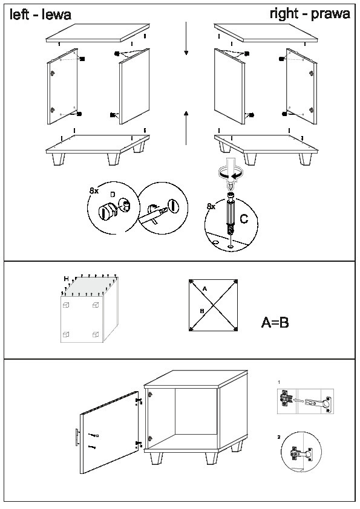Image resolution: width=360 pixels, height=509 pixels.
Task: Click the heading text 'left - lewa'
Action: [41, 15]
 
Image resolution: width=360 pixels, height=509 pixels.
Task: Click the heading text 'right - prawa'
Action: [310, 14]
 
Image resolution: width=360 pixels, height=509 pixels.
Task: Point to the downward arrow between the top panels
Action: [186, 38]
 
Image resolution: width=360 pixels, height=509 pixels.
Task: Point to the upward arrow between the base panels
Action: [186, 128]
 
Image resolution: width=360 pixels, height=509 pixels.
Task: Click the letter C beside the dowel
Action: [244, 219]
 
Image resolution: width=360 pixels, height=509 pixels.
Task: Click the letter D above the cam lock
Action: [113, 195]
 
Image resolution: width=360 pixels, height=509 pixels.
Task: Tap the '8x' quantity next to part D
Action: [94, 191]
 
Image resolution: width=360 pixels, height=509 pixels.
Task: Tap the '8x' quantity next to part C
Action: [211, 206]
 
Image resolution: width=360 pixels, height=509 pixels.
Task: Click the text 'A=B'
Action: [275, 322]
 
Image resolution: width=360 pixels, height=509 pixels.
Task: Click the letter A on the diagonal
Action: [205, 288]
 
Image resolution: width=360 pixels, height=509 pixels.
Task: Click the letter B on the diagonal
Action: [201, 311]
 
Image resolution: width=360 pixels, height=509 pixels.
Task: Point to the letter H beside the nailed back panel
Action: [67, 279]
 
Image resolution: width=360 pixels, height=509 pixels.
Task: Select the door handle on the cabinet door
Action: [77, 437]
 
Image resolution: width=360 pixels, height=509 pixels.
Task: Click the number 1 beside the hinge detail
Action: [279, 383]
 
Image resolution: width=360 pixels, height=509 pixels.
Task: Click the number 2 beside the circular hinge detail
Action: [279, 437]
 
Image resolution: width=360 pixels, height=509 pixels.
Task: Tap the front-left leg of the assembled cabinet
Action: [157, 458]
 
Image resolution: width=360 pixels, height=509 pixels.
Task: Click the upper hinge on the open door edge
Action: [139, 401]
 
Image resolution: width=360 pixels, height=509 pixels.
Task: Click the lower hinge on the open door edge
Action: [139, 444]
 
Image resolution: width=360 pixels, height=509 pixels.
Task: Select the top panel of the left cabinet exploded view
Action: [97, 33]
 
